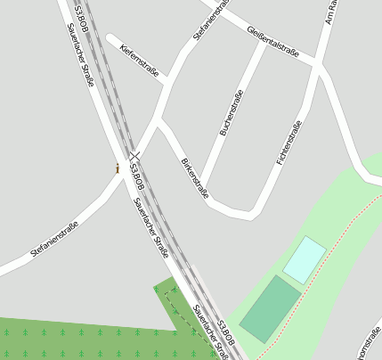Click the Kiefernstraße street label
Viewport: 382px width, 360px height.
pyautogui.click(x=138, y=59)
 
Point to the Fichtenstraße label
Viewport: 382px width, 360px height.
pyautogui.click(x=289, y=143)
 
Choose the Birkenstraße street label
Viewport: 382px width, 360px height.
pyautogui.click(x=194, y=178)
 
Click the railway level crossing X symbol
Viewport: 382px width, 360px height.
pyautogui.click(x=134, y=155)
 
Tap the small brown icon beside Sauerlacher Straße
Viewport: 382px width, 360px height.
pyautogui.click(x=118, y=168)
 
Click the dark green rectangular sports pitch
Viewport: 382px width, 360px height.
pyautogui.click(x=270, y=308)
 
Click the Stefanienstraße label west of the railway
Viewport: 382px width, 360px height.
pyautogui.click(x=54, y=239)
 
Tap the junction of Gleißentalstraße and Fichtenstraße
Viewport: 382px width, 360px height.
pyautogui.click(x=316, y=61)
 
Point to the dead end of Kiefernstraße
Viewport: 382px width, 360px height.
pyautogui.click(x=110, y=38)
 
